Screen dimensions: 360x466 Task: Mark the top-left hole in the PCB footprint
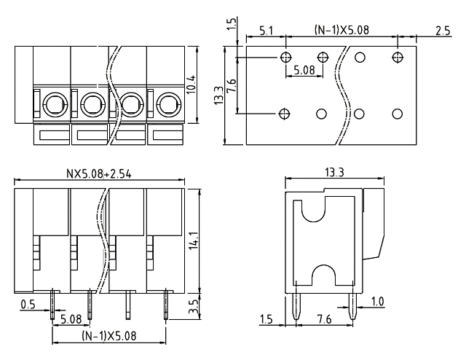tap(285, 57)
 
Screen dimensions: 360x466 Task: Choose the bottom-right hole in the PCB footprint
tap(397, 114)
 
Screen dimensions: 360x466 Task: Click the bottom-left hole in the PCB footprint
tap(285, 114)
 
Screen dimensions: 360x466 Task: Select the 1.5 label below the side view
tap(267, 319)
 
